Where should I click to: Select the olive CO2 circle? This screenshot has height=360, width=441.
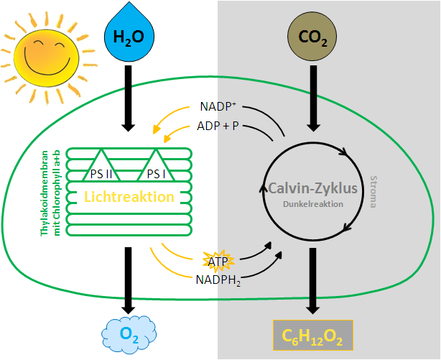point(310,34)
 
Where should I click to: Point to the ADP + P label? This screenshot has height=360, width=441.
point(219,126)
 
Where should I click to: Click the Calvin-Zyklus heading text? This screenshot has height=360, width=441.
point(313,189)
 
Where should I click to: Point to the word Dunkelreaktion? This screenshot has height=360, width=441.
point(313,204)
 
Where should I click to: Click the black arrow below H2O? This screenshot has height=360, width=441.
point(128,97)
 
